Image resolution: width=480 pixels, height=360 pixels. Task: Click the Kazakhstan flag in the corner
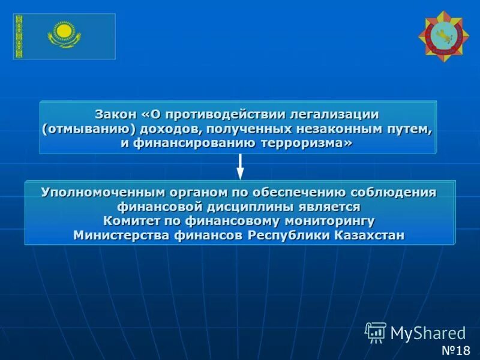tap(64, 37)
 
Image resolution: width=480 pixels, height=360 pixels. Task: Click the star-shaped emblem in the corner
tap(443, 37)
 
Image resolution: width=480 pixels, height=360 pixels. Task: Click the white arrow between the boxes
tap(240, 167)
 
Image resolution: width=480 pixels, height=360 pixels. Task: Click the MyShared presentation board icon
tap(376, 332)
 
